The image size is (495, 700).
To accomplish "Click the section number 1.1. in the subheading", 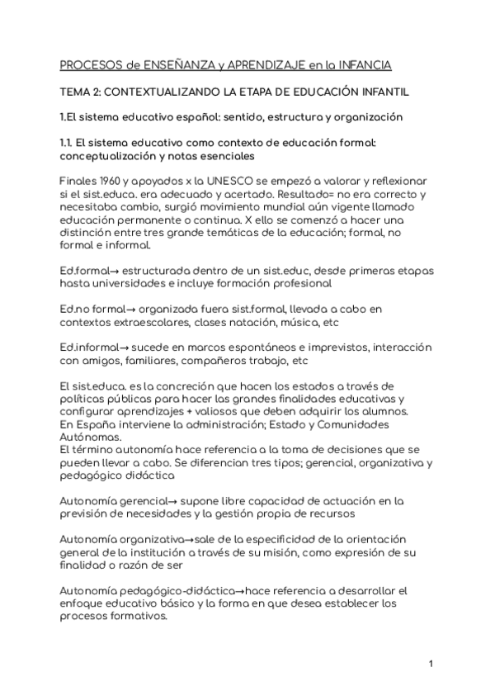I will (x=70, y=143).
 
